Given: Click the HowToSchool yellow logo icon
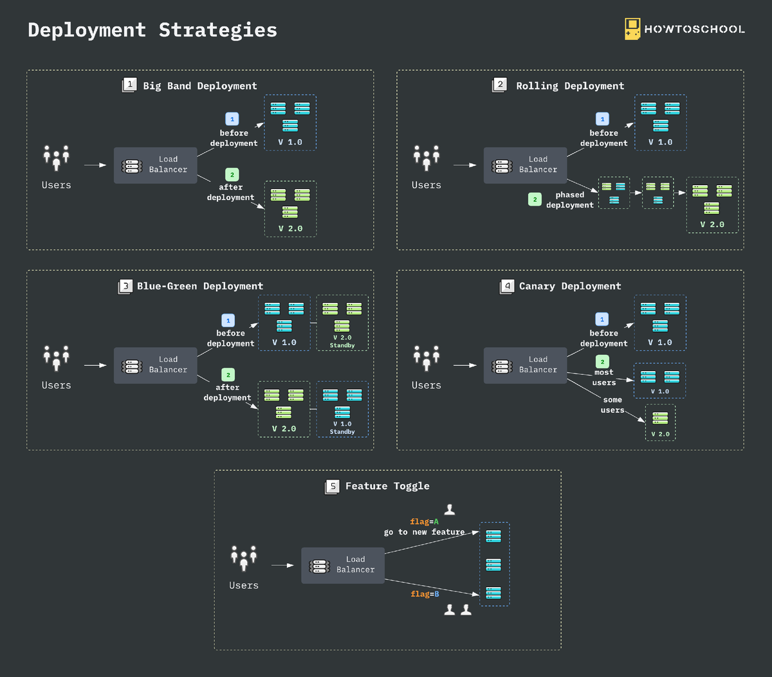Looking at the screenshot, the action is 632,29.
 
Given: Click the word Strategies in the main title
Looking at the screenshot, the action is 218,30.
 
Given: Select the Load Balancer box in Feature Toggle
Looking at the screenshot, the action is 342,565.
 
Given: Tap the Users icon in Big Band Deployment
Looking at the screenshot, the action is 57,158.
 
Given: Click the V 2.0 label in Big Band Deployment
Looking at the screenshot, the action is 290,228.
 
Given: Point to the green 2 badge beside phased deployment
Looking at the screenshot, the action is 535,199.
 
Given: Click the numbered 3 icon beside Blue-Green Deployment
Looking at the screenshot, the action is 125,286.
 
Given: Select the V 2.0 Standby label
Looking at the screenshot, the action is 342,341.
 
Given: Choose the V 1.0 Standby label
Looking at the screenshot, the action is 342,428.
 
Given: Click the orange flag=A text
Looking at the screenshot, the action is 424,521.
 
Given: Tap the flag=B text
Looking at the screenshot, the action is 425,593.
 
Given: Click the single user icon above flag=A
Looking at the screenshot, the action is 450,509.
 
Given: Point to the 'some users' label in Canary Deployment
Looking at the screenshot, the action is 612,405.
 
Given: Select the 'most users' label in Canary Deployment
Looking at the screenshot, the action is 604,377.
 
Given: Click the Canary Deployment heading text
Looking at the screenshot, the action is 570,286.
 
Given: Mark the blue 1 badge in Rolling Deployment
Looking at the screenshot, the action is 602,119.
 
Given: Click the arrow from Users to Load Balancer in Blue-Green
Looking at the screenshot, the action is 95,365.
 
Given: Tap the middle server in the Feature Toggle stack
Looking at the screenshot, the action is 493,564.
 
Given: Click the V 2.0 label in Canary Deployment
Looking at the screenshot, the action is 660,434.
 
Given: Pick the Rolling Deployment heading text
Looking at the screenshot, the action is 570,86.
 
